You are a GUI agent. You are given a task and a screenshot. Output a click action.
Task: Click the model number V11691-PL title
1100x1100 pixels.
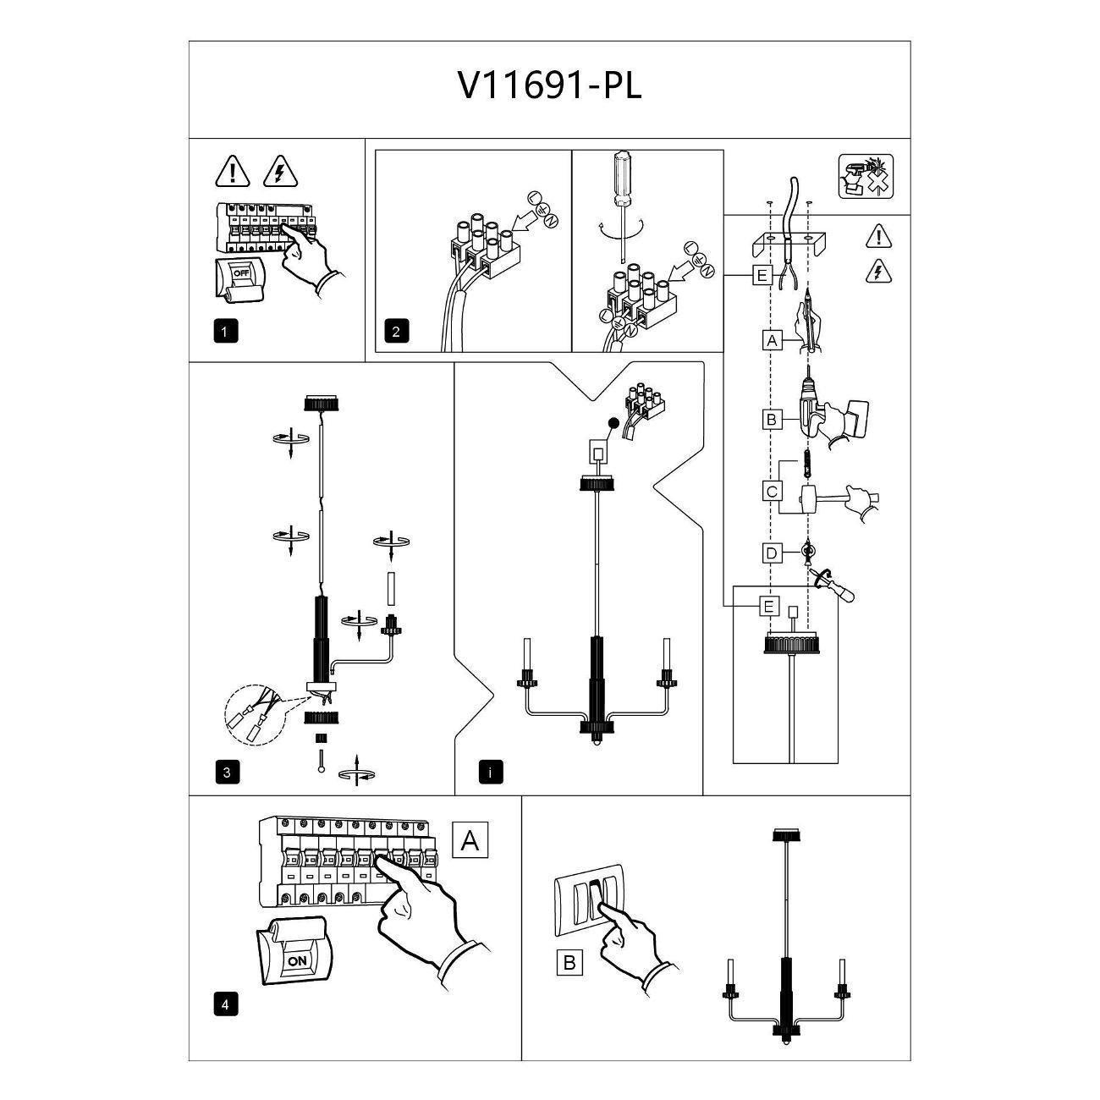(550, 85)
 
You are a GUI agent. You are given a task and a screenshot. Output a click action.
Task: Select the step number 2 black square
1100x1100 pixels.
(396, 331)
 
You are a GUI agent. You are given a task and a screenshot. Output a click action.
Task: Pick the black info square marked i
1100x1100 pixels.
(490, 772)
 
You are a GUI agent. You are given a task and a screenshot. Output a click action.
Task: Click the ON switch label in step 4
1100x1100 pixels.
(297, 960)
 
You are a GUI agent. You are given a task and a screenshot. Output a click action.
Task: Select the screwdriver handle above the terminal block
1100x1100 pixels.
(623, 178)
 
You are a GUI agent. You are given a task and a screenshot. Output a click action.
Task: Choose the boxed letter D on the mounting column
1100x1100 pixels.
(771, 553)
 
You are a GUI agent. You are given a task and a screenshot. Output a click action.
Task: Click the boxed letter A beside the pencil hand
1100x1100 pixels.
(770, 340)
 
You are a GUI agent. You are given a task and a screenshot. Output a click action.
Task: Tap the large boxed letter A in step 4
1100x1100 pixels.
(470, 840)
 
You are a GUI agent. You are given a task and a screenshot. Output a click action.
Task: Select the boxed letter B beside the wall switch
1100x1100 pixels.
(569, 962)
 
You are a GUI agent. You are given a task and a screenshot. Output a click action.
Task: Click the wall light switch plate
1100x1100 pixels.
(589, 906)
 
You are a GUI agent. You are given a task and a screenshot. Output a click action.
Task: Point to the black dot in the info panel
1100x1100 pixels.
(613, 423)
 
